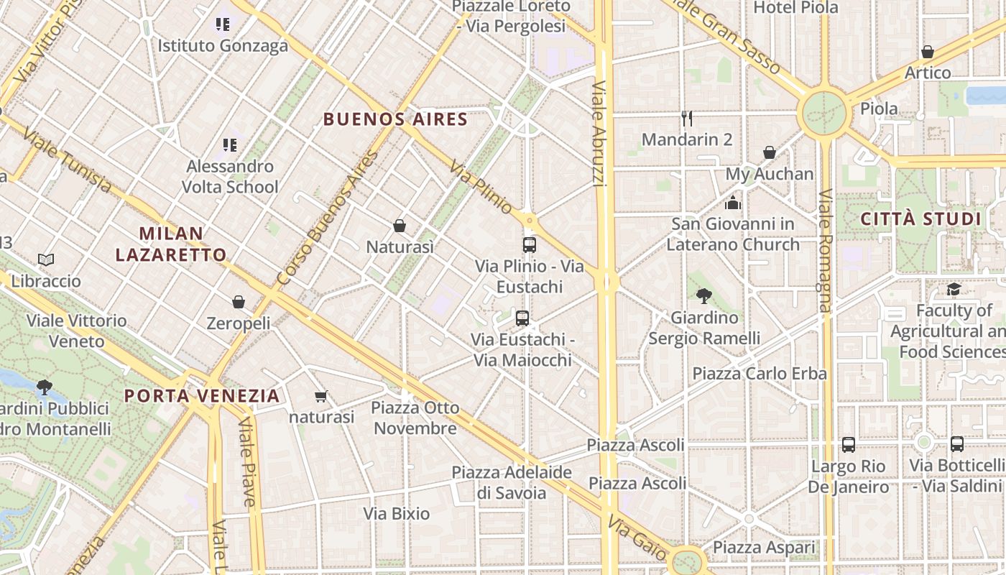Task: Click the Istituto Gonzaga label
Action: click(x=223, y=46)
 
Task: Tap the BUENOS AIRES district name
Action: click(x=395, y=119)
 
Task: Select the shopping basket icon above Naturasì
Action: click(x=400, y=226)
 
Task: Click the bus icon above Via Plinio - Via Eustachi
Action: click(x=530, y=245)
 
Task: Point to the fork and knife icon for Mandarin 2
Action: click(x=687, y=119)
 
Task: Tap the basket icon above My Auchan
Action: click(x=769, y=152)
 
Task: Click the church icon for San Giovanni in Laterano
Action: click(x=733, y=203)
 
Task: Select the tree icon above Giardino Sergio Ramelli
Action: click(x=703, y=295)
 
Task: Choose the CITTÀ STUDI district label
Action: click(x=920, y=219)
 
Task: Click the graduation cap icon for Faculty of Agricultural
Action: click(x=954, y=289)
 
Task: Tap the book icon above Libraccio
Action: click(x=46, y=259)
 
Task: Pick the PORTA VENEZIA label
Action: click(x=202, y=396)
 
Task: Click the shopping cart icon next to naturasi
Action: click(x=321, y=396)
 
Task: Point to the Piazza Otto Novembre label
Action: click(x=415, y=418)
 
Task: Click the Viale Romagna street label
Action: click(x=825, y=251)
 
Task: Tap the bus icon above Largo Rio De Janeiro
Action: click(x=849, y=445)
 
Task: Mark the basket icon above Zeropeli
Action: click(x=239, y=302)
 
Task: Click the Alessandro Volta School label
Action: click(x=230, y=177)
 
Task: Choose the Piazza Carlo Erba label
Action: click(x=760, y=374)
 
